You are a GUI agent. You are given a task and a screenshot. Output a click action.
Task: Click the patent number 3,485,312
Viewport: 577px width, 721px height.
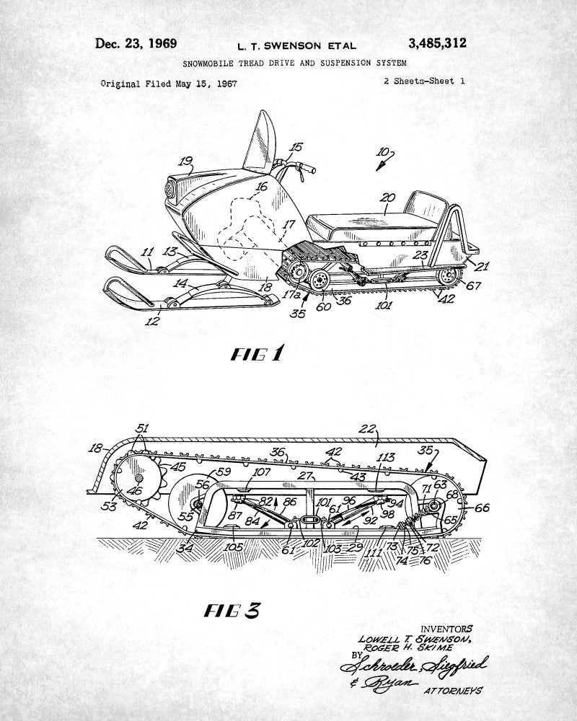[437, 43]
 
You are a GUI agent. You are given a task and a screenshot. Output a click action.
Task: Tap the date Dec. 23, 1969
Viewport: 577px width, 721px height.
[136, 43]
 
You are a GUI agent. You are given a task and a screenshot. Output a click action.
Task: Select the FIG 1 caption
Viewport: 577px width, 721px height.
[257, 354]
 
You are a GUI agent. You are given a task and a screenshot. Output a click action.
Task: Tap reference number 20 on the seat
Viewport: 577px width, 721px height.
[388, 197]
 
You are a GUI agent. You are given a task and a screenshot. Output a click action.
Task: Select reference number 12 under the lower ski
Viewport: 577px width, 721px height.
[151, 321]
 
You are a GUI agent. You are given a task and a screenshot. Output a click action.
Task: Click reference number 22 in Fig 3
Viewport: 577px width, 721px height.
[368, 429]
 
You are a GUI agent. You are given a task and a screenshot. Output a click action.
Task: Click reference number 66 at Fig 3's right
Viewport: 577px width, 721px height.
[481, 508]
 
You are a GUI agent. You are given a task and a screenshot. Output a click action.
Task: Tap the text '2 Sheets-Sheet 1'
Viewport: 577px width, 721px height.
[425, 81]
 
